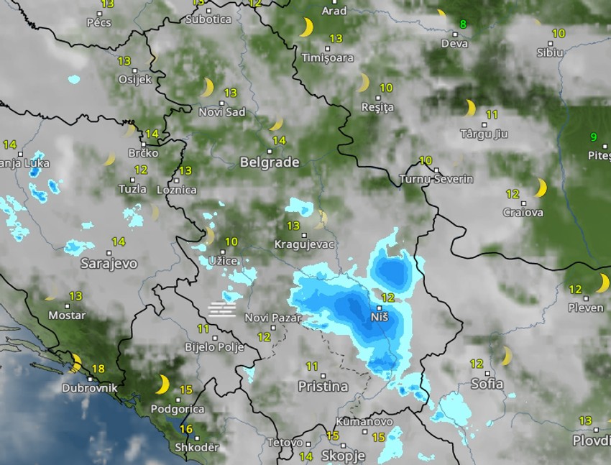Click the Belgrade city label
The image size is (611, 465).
[x=270, y=163]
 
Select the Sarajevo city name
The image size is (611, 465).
[x=109, y=264]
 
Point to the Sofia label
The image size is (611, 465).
[x=487, y=384]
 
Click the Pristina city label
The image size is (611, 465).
[x=323, y=387]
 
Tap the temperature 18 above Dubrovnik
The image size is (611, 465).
[x=98, y=369]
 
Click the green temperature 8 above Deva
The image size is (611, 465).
[x=463, y=24]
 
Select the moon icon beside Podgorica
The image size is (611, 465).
[x=163, y=385]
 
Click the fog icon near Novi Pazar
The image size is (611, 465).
[x=221, y=310]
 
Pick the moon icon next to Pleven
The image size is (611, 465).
[x=602, y=283]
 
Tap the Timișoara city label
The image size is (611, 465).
[x=328, y=57]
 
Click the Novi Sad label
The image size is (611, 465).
[x=222, y=112]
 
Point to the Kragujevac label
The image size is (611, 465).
[x=305, y=244]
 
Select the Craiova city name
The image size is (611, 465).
[x=523, y=213]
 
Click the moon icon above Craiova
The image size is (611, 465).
[x=539, y=188]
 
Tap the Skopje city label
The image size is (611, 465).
[x=343, y=456]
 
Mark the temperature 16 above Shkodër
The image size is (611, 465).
[x=186, y=429]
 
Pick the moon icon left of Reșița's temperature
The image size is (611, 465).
[x=364, y=83]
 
